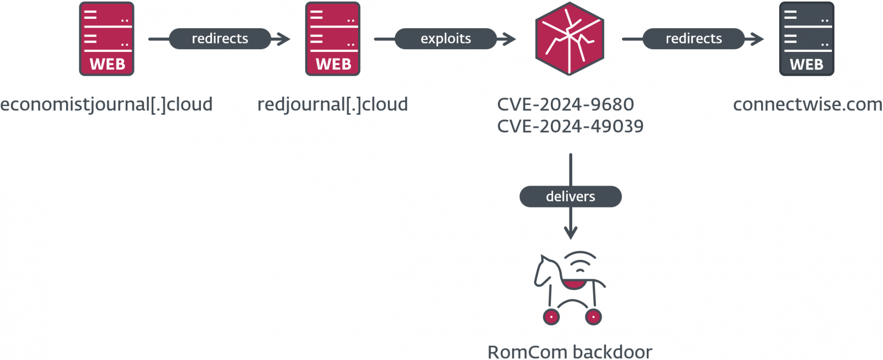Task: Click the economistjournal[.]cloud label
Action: click(106, 104)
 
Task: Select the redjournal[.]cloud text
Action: click(332, 104)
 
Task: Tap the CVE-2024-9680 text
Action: click(565, 104)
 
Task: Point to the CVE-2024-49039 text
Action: click(570, 126)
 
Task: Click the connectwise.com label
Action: click(807, 104)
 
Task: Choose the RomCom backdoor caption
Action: click(570, 352)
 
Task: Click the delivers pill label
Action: click(570, 197)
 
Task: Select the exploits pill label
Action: click(445, 39)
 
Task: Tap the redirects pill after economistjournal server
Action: click(220, 39)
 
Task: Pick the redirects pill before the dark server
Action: click(693, 39)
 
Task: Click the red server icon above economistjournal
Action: click(107, 39)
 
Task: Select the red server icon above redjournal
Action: click(333, 39)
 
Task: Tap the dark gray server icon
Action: click(806, 39)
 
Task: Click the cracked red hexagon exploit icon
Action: click(570, 39)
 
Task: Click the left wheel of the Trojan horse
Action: click(551, 317)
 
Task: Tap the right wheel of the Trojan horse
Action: click(593, 317)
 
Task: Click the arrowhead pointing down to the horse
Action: click(571, 232)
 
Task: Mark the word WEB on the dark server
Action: click(806, 65)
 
